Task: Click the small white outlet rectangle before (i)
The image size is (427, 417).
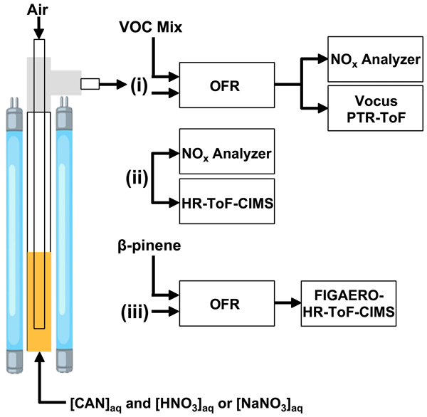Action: [90, 84]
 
